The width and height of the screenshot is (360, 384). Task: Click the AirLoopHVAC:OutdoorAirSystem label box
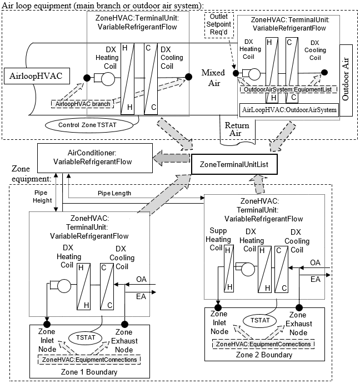289,110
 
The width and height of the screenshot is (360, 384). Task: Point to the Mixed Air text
213,78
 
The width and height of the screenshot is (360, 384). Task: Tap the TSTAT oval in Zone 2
259,321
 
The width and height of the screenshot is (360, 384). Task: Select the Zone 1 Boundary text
87,371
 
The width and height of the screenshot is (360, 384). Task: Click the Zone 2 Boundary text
263,355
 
